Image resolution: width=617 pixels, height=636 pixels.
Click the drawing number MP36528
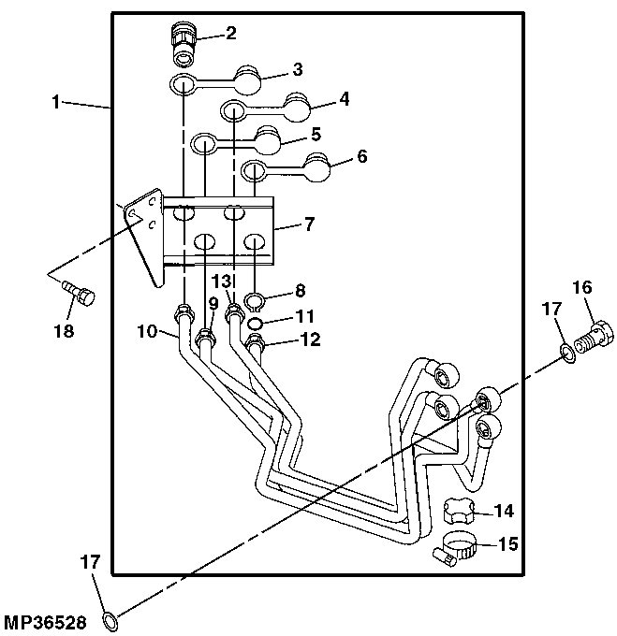point(45,622)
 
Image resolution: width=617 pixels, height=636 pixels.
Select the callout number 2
point(231,33)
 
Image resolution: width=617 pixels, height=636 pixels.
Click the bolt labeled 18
point(79,294)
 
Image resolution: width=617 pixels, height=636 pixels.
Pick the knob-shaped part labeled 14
point(460,511)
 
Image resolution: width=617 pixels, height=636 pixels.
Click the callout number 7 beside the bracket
point(309,224)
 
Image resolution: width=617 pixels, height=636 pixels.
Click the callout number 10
point(147,331)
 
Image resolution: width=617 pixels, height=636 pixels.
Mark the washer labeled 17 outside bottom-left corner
point(110,621)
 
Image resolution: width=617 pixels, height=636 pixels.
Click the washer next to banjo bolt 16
point(568,353)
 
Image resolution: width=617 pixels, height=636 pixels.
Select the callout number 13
point(222,281)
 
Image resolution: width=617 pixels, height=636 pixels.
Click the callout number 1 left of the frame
point(56,102)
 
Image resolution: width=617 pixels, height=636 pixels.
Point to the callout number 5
point(316,134)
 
